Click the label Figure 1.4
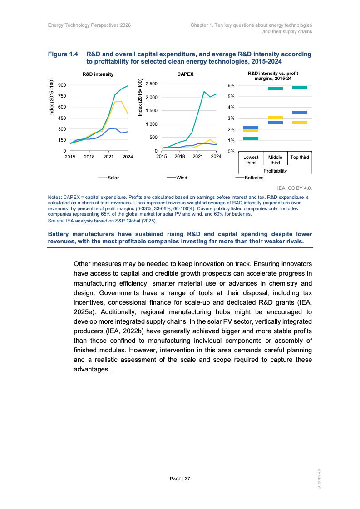point(64,54)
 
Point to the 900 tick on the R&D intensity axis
point(61,85)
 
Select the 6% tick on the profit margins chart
point(231,85)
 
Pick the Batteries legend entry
point(254,178)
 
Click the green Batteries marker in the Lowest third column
point(251,138)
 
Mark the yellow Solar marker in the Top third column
point(300,122)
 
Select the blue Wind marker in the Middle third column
point(275,123)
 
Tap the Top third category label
point(300,158)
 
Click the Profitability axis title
point(275,171)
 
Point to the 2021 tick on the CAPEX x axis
point(197,156)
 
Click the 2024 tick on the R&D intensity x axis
point(128,156)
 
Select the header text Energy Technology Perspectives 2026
point(89,25)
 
